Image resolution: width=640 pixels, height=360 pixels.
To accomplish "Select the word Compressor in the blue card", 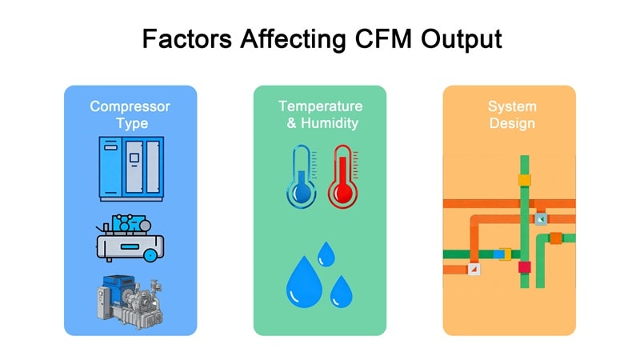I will [130, 106].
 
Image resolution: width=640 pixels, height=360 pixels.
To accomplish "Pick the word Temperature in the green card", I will [320, 106].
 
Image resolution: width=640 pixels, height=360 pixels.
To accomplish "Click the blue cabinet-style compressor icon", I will [130, 168].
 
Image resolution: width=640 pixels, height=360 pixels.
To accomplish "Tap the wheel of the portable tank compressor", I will [150, 254].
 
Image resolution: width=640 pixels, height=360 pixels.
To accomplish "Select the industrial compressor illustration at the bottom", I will [130, 301].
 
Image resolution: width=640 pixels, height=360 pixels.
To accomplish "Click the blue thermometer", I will [300, 177].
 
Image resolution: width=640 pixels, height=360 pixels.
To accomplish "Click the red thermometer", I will [343, 177].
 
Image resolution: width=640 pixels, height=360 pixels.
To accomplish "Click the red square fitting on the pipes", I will [525, 266].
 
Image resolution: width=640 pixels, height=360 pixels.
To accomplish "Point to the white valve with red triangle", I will [473, 270].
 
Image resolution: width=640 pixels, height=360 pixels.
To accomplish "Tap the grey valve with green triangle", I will [542, 218].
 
